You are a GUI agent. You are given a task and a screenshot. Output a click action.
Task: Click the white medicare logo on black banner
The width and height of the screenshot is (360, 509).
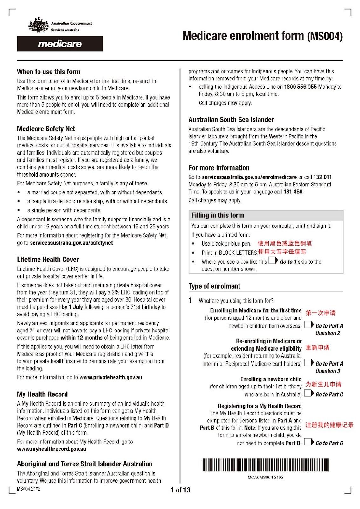(x=60, y=44)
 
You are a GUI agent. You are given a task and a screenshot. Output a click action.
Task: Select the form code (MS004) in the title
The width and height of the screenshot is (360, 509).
(x=324, y=36)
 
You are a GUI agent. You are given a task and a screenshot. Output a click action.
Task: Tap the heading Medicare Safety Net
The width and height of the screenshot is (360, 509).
(x=46, y=129)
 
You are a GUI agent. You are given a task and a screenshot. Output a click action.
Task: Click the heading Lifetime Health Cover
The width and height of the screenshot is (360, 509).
(x=48, y=260)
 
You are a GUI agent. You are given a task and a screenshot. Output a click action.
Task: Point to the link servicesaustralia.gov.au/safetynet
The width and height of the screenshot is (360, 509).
(x=71, y=243)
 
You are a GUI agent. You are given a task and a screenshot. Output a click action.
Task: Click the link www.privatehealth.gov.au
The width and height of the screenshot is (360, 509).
(x=111, y=377)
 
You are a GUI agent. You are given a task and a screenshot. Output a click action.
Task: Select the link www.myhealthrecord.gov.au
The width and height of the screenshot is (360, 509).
(x=52, y=449)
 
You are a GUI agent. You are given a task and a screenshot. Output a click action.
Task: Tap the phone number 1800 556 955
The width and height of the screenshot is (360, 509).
(x=300, y=87)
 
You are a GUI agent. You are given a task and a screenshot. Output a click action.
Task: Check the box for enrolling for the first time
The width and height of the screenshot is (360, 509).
(x=308, y=325)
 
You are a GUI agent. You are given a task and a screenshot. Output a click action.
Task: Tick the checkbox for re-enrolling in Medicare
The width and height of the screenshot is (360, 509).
(x=308, y=363)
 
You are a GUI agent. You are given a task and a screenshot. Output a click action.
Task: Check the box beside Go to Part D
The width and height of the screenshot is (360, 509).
(x=308, y=442)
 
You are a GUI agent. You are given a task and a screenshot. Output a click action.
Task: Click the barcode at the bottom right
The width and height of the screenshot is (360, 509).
(x=265, y=465)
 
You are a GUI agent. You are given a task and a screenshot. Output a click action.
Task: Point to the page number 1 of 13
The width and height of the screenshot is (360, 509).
(x=180, y=490)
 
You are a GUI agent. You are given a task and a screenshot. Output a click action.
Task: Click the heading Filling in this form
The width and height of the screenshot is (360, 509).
(x=218, y=215)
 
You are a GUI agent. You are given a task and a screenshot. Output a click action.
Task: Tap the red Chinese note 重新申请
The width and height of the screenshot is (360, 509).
(x=317, y=347)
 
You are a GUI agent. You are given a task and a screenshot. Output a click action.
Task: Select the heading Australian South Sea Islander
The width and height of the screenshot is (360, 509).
(x=231, y=120)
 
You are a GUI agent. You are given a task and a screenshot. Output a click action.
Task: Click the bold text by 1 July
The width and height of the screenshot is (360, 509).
(x=72, y=307)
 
